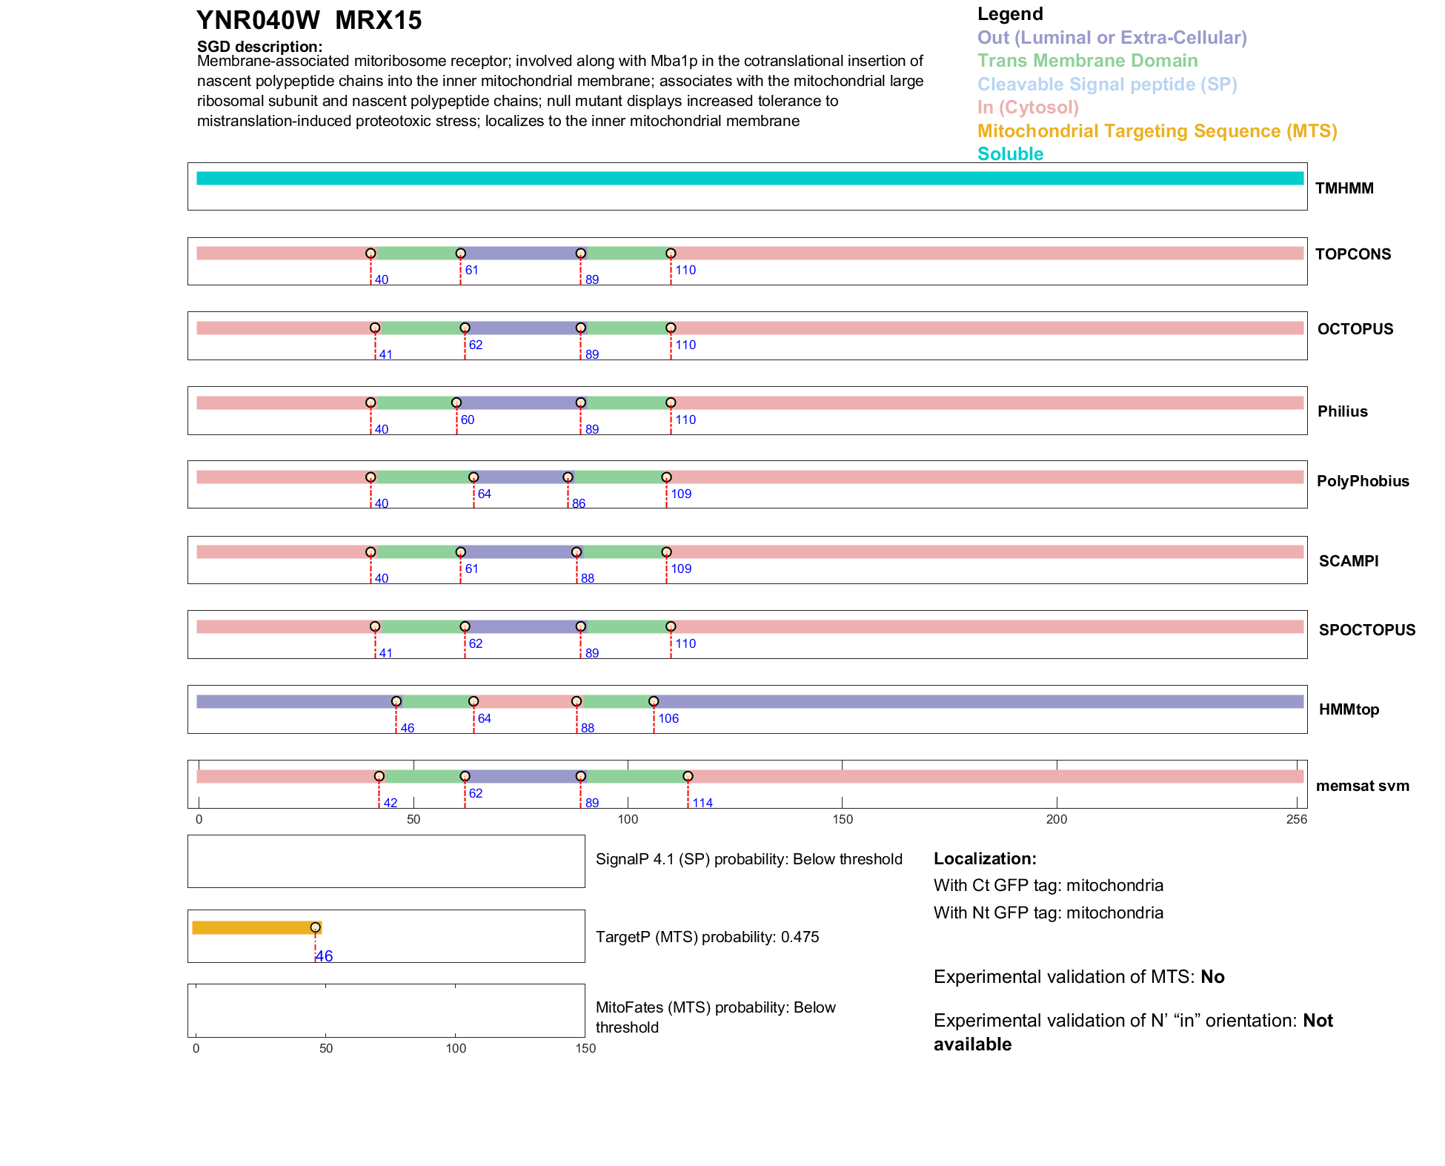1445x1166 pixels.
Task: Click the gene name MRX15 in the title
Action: click(x=378, y=21)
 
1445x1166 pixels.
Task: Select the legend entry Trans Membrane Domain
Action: click(x=1087, y=61)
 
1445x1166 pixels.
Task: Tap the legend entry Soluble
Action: click(x=1010, y=154)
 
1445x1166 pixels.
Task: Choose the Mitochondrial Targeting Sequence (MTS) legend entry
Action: click(x=1157, y=131)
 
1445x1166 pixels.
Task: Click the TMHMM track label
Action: click(x=1344, y=188)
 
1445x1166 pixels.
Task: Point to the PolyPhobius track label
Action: click(x=1362, y=481)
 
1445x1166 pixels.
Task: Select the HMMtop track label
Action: click(x=1349, y=709)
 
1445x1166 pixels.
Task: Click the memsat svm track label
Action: click(x=1362, y=786)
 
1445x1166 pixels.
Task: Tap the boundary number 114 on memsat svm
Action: click(x=702, y=803)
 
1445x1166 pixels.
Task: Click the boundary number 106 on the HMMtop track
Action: click(x=668, y=718)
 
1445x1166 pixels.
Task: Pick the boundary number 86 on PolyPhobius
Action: click(x=579, y=503)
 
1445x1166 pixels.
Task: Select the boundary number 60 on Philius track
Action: click(x=468, y=420)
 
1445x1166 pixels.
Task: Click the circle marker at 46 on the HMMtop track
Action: click(x=396, y=701)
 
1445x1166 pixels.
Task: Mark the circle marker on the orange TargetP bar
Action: click(x=316, y=927)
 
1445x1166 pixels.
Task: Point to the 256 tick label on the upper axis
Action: click(x=1297, y=819)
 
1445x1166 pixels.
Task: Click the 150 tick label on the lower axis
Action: click(x=585, y=1048)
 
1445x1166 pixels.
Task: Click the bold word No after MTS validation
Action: click(x=1212, y=977)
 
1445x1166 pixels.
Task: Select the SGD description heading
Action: click(x=259, y=47)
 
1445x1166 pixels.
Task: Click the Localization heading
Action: click(x=985, y=858)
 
